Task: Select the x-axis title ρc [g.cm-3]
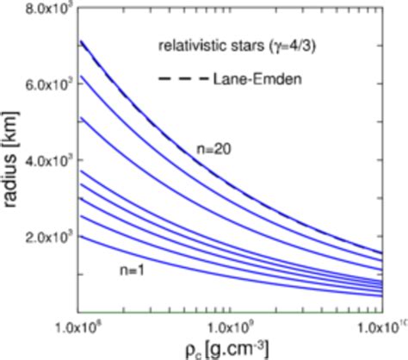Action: tap(230, 349)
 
